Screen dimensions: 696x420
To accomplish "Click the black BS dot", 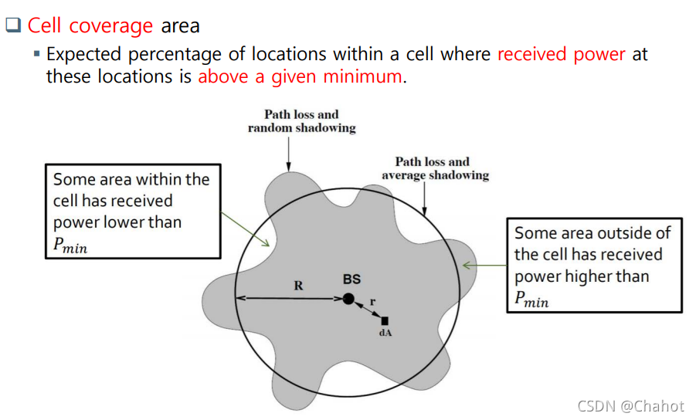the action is point(348,298).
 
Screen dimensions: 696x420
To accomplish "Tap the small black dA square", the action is point(385,320).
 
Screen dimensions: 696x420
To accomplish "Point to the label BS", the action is point(351,279).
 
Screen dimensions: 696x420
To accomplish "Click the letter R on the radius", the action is point(298,285).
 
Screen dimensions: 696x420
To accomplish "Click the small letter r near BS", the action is point(372,302).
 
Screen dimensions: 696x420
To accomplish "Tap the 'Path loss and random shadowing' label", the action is point(301,121).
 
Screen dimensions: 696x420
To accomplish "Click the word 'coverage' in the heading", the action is point(111,26).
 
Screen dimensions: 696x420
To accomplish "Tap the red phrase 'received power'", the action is point(562,55).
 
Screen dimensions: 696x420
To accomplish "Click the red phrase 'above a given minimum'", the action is point(300,76).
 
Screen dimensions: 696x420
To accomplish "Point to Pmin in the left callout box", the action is point(70,246).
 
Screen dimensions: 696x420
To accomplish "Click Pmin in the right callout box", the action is point(531,300).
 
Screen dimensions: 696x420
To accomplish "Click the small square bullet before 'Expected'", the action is point(36,55).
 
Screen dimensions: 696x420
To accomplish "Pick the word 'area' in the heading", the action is point(181,25).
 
